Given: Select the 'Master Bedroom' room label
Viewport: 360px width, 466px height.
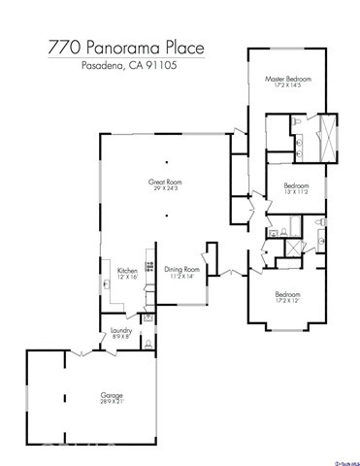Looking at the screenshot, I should pos(288,79).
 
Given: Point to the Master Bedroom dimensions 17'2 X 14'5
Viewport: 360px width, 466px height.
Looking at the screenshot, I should pos(288,86).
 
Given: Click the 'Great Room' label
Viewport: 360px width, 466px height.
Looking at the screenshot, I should pos(165,182).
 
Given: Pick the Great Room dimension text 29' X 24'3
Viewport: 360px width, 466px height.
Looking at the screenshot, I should pos(165,189).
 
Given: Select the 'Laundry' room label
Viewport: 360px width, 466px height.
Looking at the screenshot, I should pos(121,330).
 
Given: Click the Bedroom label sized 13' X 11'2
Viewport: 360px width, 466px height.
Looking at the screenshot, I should pos(296,184).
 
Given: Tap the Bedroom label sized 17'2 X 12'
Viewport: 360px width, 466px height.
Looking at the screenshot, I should pos(287,294).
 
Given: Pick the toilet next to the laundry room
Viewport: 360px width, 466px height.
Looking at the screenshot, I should pos(145,342).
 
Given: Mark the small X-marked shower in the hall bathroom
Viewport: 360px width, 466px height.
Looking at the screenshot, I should pos(288,248).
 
